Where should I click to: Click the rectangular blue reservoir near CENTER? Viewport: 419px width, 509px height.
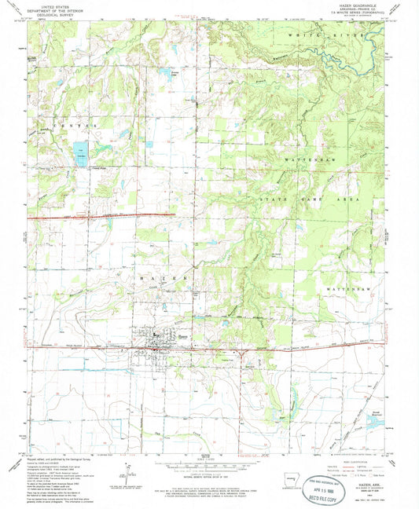point(80,152)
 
